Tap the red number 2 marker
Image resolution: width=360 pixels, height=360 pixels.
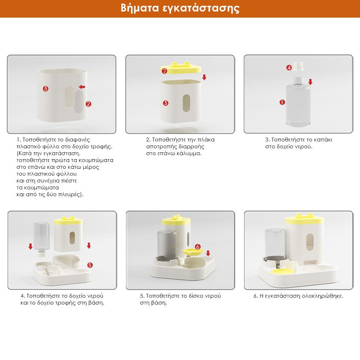point(89,104)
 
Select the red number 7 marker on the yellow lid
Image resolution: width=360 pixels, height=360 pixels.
point(165,71)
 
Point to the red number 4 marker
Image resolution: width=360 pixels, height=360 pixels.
point(289,68)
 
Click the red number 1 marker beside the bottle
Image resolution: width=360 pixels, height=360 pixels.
point(282,102)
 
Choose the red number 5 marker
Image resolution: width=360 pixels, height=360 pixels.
point(90,265)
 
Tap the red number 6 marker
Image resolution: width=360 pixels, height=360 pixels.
point(197,247)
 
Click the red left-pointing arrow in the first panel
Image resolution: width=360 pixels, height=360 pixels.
point(82,87)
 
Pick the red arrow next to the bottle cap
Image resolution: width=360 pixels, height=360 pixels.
point(310,82)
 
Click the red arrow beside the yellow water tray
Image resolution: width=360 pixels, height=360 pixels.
point(208,253)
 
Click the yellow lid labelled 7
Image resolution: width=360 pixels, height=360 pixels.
point(181,68)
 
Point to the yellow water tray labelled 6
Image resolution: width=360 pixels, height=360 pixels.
point(193,252)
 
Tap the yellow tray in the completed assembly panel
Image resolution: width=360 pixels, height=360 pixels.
point(283,271)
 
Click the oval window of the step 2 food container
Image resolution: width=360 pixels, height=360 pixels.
point(186,103)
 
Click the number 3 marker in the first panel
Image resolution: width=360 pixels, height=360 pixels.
point(45,89)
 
